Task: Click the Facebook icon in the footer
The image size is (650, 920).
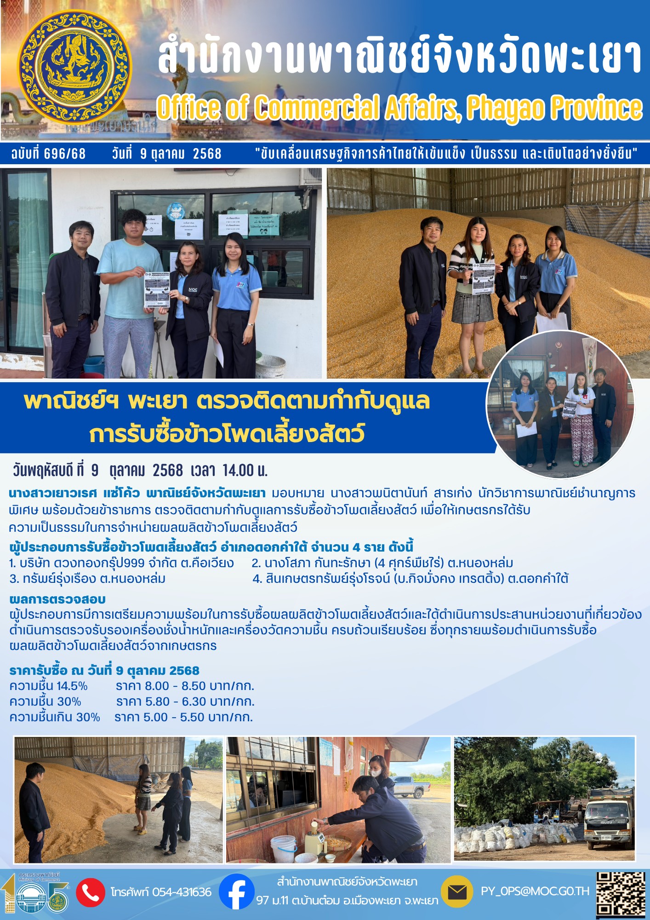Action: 236,891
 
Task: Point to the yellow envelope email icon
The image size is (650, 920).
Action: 456,892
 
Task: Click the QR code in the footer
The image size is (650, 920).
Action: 621,893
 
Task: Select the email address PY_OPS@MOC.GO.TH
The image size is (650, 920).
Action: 535,891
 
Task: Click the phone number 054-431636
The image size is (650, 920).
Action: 182,892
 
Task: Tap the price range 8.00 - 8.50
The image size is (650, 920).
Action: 175,686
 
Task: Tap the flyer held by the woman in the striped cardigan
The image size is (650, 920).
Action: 483,279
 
